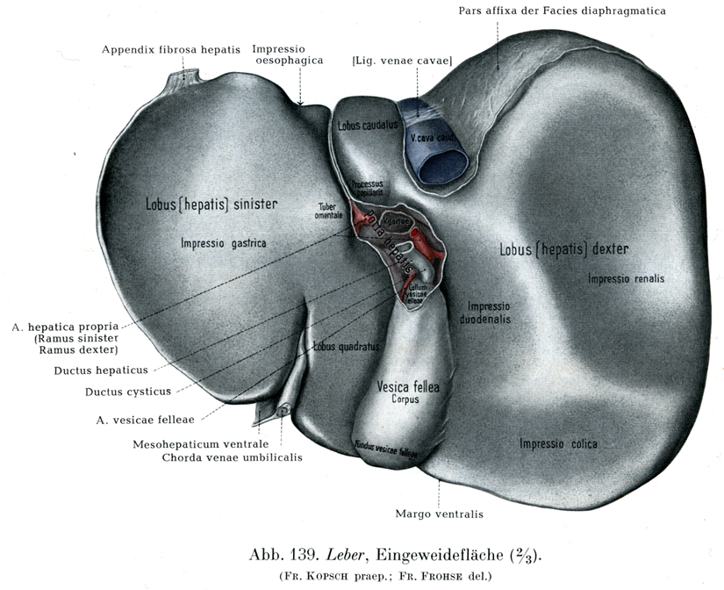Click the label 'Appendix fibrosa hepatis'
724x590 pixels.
(170, 49)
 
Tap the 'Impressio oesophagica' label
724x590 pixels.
(288, 54)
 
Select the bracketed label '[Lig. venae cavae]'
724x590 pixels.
(401, 61)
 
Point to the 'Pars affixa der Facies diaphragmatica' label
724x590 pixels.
(562, 11)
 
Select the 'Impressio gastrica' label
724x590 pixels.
(223, 243)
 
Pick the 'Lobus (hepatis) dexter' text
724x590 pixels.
(563, 249)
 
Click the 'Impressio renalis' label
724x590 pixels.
(627, 279)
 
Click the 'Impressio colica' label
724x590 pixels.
(558, 444)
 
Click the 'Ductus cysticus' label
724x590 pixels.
(128, 392)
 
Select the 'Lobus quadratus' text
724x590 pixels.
(346, 346)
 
